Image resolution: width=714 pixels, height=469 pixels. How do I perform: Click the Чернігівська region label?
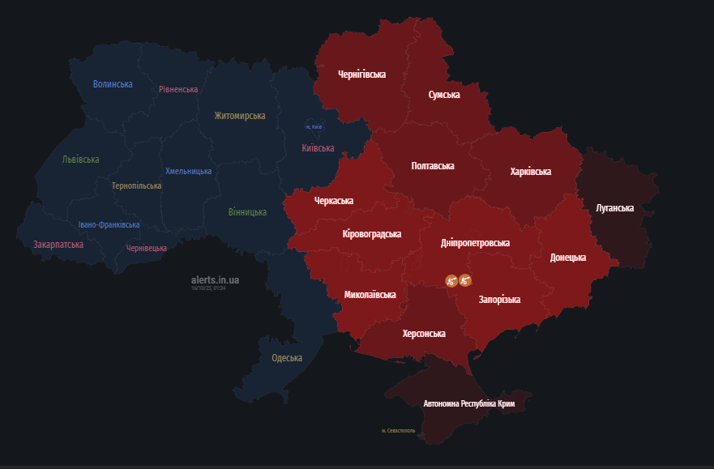point(361,74)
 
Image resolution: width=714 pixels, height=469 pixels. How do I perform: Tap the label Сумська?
point(444,95)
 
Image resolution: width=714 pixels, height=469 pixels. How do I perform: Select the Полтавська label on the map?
point(433,166)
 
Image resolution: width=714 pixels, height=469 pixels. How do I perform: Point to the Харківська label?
point(531,172)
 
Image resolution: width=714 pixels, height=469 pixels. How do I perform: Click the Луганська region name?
point(614,208)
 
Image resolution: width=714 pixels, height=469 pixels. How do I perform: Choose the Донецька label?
point(568,258)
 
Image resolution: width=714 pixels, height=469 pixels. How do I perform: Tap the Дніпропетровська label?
point(475,243)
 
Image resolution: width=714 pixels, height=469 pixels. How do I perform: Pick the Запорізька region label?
point(499,300)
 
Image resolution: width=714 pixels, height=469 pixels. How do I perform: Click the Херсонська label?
point(424,334)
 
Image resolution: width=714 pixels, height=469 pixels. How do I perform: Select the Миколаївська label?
point(370,295)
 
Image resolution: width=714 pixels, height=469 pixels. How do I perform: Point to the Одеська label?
point(287,358)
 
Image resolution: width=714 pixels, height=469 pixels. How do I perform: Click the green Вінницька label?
point(247,212)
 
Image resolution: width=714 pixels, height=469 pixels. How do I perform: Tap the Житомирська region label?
point(240,116)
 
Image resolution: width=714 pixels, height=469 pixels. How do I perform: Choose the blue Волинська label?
point(113,84)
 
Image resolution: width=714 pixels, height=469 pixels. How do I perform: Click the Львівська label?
point(81,160)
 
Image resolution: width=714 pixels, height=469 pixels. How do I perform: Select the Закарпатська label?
point(58,245)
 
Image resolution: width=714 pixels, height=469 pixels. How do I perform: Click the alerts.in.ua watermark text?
point(216,280)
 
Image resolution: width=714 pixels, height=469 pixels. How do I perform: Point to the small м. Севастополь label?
point(398,431)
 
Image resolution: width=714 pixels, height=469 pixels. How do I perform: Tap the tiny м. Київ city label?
point(314,127)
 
